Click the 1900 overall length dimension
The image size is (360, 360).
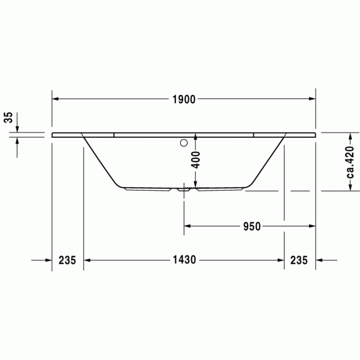click(184, 100)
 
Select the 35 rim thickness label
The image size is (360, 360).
click(8, 118)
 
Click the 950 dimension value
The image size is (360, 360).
click(252, 226)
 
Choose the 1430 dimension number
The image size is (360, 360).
click(184, 260)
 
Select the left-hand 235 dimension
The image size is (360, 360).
click(67, 260)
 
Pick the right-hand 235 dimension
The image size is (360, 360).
click(299, 260)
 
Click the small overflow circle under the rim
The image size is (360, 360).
click(182, 143)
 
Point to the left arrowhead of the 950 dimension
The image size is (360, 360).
click(188, 226)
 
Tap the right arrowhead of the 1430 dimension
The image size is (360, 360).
click(280, 260)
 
